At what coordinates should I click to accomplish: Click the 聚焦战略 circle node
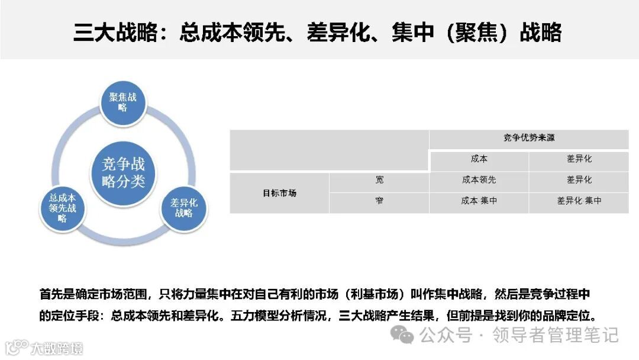(x=123, y=102)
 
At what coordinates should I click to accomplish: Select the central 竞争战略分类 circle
(x=123, y=172)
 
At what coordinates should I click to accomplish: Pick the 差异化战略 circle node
(x=184, y=208)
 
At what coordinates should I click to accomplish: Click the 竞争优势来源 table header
(x=529, y=139)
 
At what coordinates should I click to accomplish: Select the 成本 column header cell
(x=479, y=159)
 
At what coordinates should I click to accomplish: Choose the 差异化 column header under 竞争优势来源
(x=579, y=159)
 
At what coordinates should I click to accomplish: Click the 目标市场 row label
(x=279, y=193)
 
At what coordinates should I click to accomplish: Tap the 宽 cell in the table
(x=379, y=180)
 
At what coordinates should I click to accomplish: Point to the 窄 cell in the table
(x=379, y=201)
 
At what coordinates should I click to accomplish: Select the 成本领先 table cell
(x=479, y=180)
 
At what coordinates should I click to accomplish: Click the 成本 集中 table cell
(x=479, y=201)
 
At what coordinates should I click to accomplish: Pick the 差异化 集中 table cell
(x=579, y=201)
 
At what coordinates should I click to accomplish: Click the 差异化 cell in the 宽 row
(x=579, y=180)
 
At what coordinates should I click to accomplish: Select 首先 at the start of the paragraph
(x=50, y=294)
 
